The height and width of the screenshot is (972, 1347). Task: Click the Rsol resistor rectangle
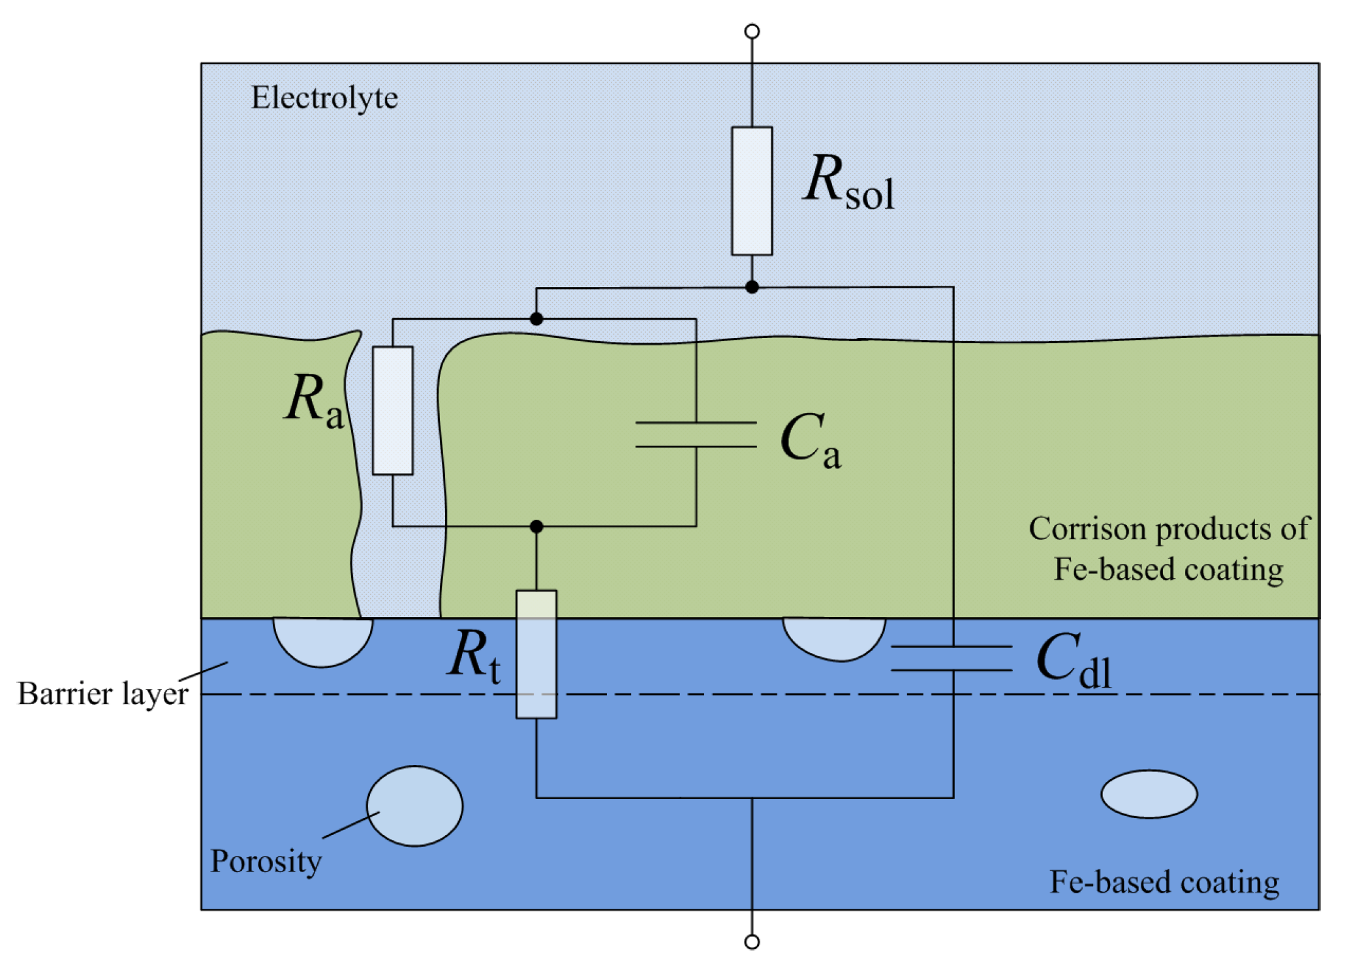pyautogui.click(x=752, y=190)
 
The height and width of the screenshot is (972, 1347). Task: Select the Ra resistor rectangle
pyautogui.click(x=393, y=410)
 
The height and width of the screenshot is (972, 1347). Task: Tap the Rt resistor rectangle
pyautogui.click(x=536, y=654)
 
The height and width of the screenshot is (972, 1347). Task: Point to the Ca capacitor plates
pyautogui.click(x=696, y=434)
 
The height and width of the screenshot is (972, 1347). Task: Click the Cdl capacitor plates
pyautogui.click(x=952, y=658)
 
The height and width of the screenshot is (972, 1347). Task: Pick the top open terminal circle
pyautogui.click(x=752, y=31)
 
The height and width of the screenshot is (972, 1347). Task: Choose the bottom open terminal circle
pyautogui.click(x=752, y=942)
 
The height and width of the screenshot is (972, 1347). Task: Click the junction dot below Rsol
pyautogui.click(x=752, y=287)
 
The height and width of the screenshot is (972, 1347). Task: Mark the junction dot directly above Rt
pyautogui.click(x=536, y=526)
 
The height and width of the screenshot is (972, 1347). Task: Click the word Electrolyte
pyautogui.click(x=324, y=99)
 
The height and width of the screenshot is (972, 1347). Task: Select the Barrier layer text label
pyautogui.click(x=103, y=694)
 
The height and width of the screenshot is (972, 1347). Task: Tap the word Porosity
pyautogui.click(x=266, y=862)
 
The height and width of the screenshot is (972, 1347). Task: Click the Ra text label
pyautogui.click(x=314, y=401)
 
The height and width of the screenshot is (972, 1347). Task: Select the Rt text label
pyautogui.click(x=474, y=656)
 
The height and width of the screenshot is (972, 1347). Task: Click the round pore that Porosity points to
pyautogui.click(x=414, y=806)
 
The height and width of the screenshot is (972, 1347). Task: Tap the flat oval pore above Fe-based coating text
pyautogui.click(x=1149, y=794)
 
